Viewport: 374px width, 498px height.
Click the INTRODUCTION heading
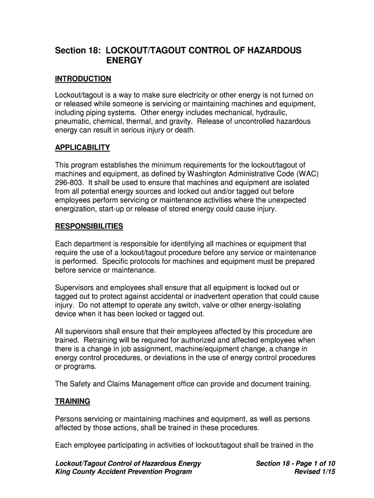point(83,79)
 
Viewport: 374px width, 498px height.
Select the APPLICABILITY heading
point(83,147)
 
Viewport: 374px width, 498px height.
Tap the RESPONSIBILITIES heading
point(89,226)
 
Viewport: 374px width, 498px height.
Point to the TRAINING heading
point(72,401)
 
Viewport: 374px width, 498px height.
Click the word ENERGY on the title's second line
point(124,61)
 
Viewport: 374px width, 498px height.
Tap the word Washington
point(201,174)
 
